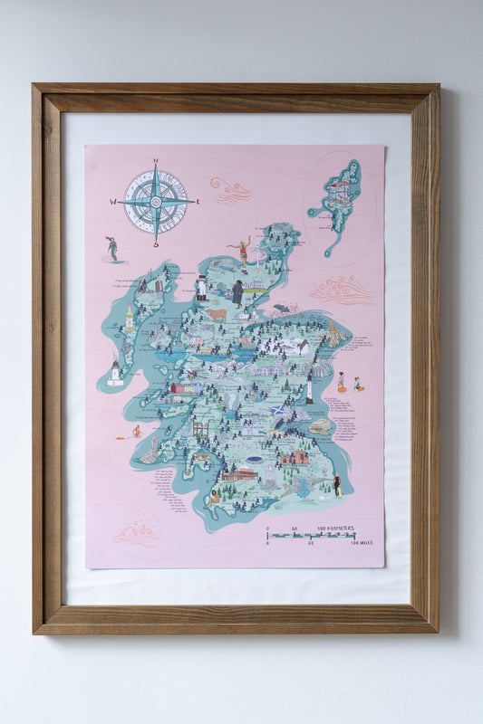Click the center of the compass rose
coord(155,202)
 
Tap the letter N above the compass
coord(155,163)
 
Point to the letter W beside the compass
coord(115,202)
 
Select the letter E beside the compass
coord(196,202)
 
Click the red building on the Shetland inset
coord(339,191)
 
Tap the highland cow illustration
coord(217,315)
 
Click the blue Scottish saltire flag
coord(279,411)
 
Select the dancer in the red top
coord(242,253)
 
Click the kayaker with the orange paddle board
coord(134,433)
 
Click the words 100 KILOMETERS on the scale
coord(339,528)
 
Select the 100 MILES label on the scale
coord(358,544)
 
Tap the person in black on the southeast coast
coord(336,486)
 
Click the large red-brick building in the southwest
coord(238,473)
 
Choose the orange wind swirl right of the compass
coord(230,190)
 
